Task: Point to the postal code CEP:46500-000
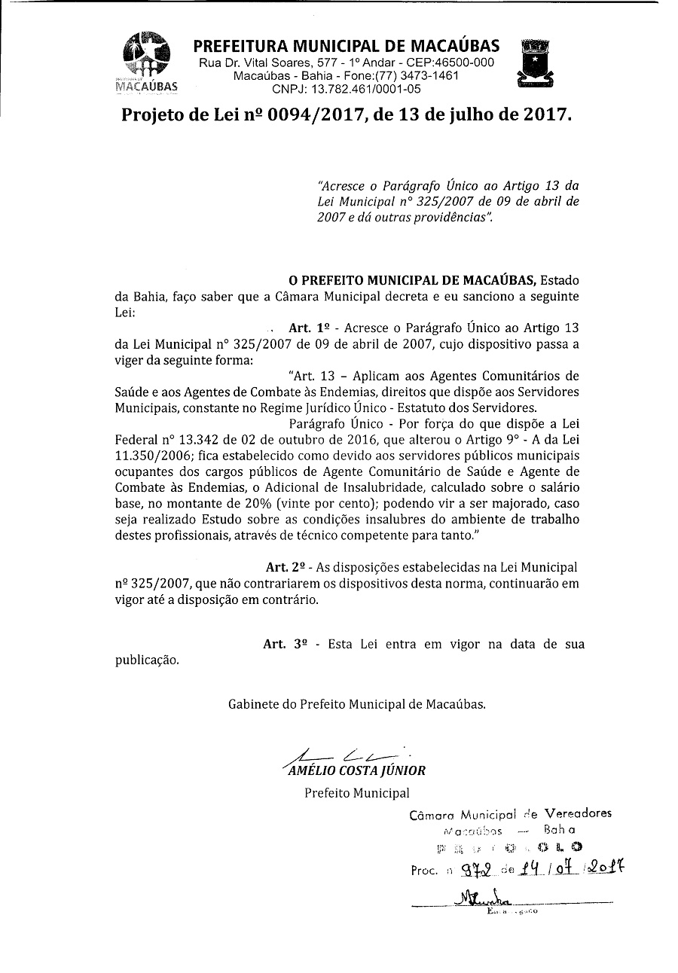click(450, 62)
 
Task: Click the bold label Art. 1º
click(310, 328)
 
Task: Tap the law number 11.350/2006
click(157, 456)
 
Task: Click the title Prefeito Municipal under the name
click(357, 792)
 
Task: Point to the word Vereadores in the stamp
click(578, 813)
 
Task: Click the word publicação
click(147, 660)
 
